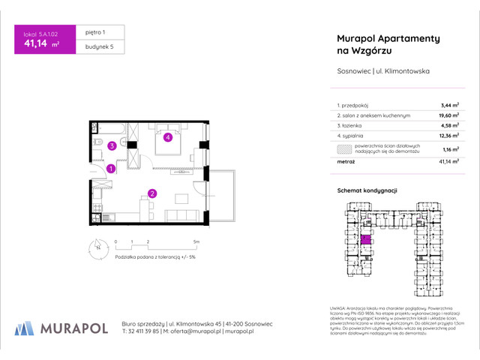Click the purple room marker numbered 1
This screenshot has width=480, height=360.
pos(110,169)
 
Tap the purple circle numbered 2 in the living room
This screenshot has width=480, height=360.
pos(151,193)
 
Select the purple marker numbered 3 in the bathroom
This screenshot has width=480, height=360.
pos(110,145)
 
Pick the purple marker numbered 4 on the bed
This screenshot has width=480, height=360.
pos(169,137)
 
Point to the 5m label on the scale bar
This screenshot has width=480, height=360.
pos(196,242)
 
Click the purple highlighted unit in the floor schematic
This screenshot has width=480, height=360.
pos(366,240)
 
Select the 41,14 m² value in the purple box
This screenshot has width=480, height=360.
pos(42,44)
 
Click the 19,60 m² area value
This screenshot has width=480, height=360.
pos(447,116)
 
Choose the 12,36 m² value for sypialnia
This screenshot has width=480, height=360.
pos(447,136)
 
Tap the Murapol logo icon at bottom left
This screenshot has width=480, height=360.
pos(23,327)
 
